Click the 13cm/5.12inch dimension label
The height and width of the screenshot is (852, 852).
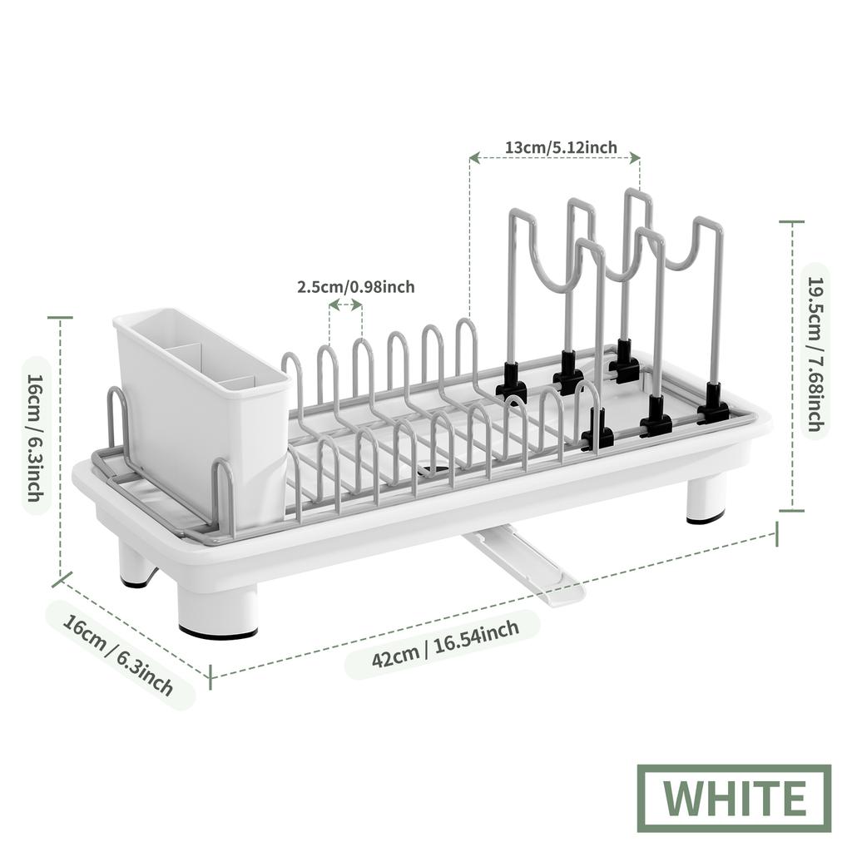561,147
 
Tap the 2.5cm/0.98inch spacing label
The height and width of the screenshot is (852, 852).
355,287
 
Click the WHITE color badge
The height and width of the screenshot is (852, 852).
735,798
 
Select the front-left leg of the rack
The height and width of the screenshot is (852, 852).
218,612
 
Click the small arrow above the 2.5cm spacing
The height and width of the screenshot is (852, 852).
345,305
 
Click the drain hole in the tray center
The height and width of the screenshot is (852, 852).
433,471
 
